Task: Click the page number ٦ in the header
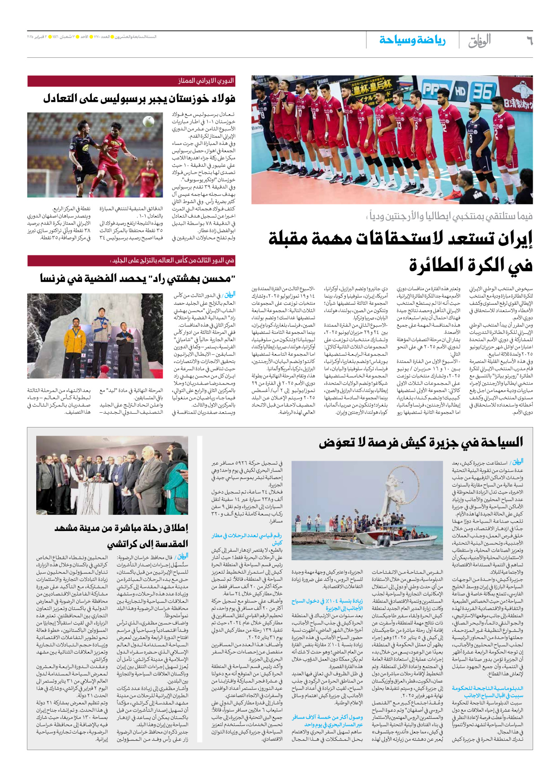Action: click(529, 41)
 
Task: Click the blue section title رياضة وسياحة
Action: click(413, 40)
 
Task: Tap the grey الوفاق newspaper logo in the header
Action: click(479, 41)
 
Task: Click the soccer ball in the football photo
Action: click(148, 121)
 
